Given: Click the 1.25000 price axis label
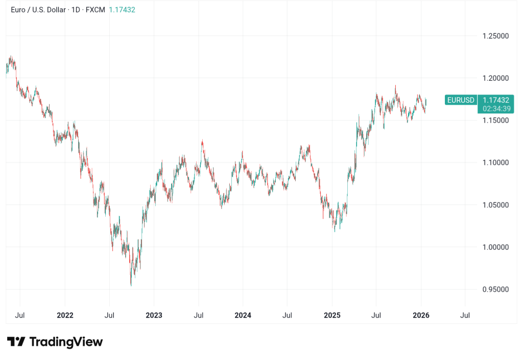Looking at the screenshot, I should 495,36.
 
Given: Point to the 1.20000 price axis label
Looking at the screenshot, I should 495,78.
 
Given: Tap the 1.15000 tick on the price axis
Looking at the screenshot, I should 495,120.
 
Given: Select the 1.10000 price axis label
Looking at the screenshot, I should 495,162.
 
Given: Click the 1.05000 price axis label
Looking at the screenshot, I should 495,205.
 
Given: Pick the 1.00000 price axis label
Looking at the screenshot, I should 495,247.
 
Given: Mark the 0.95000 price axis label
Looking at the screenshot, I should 495,290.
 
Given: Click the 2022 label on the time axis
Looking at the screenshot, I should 65,315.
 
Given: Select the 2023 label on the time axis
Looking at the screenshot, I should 154,315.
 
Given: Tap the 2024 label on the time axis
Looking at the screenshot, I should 243,315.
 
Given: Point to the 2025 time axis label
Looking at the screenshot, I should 332,315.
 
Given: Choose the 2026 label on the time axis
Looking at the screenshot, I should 421,315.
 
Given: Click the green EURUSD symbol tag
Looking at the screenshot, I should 461,100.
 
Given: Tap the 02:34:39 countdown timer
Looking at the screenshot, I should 496,109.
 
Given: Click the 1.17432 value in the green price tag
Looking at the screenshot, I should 496,100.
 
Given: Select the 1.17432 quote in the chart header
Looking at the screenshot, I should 122,10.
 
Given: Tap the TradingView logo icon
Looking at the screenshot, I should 16,342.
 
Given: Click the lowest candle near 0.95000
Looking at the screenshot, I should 131,284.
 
